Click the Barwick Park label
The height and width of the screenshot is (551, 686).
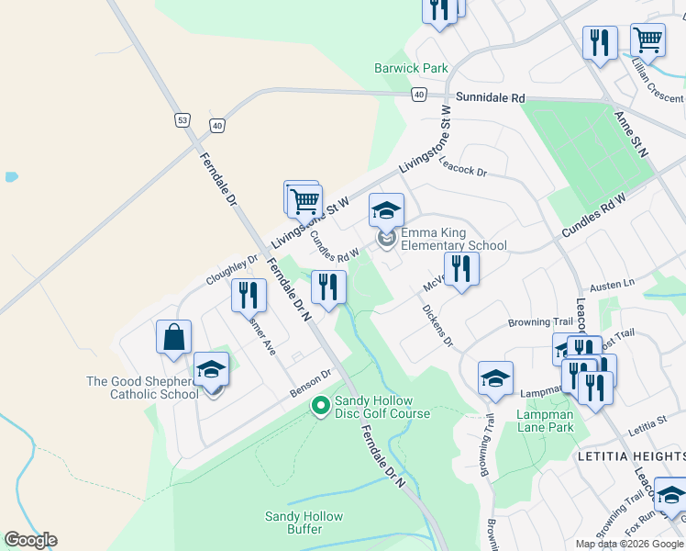(x=411, y=68)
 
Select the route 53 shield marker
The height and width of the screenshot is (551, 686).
(x=182, y=120)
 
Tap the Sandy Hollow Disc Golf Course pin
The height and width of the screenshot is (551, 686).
(x=321, y=405)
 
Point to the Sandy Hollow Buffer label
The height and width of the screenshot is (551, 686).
(x=293, y=523)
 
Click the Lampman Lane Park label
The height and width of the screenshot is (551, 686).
(x=545, y=422)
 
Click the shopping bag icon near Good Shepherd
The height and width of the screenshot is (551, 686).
(x=174, y=337)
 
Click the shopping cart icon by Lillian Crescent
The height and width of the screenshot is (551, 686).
(x=648, y=39)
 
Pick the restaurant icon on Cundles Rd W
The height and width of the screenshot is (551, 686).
(x=328, y=287)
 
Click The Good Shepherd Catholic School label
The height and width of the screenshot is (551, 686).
(x=142, y=388)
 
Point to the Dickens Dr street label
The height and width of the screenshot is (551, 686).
(x=437, y=327)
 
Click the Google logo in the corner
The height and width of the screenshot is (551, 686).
(x=30, y=540)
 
